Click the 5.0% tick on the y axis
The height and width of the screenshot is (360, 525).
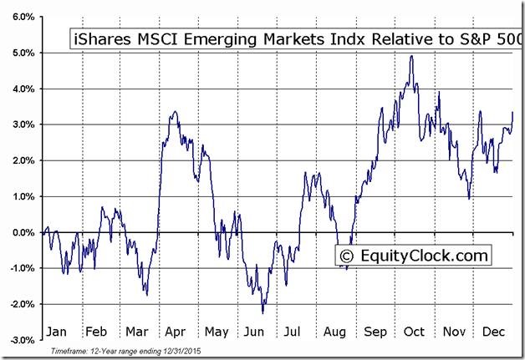click(x=23, y=53)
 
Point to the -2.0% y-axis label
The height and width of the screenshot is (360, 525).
click(x=22, y=304)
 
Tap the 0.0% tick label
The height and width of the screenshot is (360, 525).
click(x=23, y=232)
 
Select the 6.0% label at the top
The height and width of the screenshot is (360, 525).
click(x=23, y=17)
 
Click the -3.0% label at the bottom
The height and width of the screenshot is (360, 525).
click(x=22, y=340)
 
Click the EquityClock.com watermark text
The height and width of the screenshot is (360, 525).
click(x=421, y=254)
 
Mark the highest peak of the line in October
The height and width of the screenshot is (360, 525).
click(x=411, y=56)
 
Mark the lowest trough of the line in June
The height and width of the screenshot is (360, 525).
click(x=262, y=313)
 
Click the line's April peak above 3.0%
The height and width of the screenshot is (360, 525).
click(x=172, y=111)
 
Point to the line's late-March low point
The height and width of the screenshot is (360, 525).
click(x=146, y=295)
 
